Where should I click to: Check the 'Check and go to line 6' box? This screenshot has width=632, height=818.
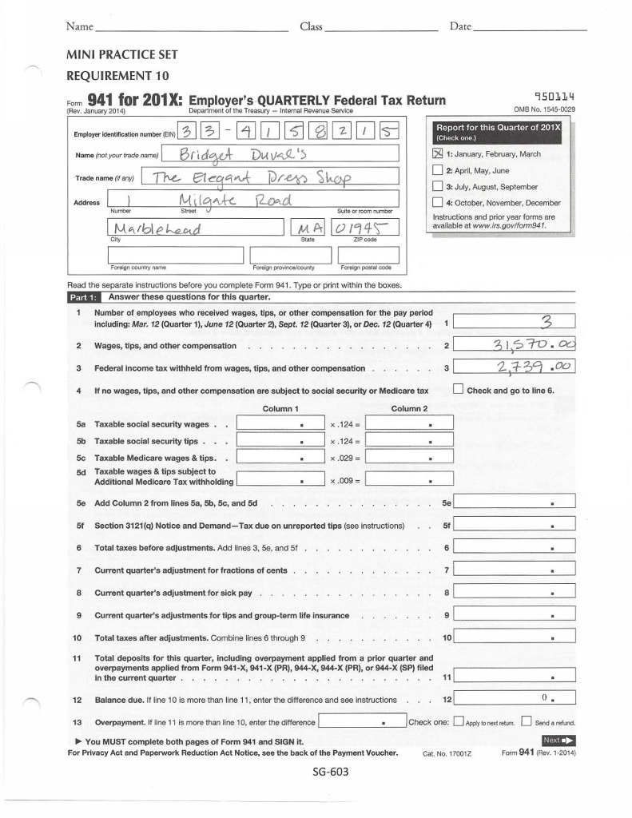click(458, 391)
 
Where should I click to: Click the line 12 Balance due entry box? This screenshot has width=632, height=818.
click(515, 699)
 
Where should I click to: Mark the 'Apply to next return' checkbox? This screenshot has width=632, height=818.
click(458, 723)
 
